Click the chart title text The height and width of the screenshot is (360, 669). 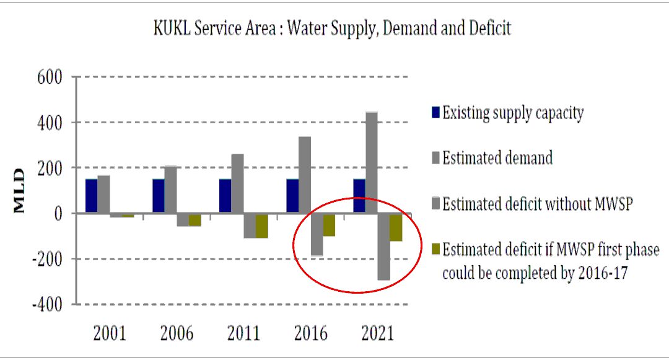click(333, 29)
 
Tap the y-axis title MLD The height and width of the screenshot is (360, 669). click(20, 191)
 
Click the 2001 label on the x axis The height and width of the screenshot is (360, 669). click(110, 334)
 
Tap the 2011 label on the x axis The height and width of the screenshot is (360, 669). click(243, 334)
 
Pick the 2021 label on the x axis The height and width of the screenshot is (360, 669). click(377, 334)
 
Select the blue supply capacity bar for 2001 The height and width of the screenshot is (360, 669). click(91, 196)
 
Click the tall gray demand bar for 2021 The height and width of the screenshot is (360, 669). click(371, 162)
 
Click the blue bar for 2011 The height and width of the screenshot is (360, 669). click(225, 196)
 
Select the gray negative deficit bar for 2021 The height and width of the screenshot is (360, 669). click(383, 247)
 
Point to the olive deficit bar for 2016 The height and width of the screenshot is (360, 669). click(328, 225)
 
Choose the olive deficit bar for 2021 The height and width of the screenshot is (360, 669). click(396, 227)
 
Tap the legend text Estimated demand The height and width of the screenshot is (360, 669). click(497, 158)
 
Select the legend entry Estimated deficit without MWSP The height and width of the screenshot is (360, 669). click(536, 203)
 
